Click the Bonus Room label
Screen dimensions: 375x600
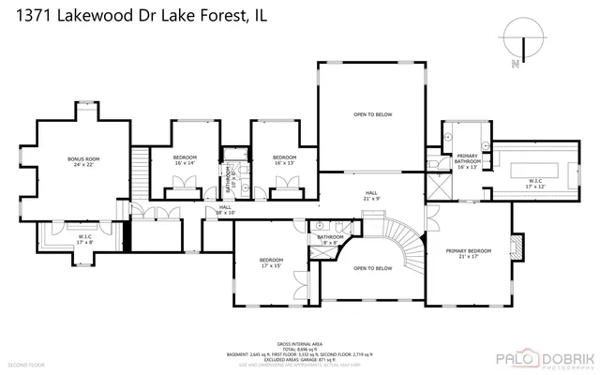click(x=83, y=162)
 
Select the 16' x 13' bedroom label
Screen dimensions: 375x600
click(x=284, y=160)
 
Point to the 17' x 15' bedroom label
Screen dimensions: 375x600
click(x=271, y=262)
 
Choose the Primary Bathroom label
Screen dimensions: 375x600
click(x=468, y=159)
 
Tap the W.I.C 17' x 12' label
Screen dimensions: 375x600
click(x=534, y=184)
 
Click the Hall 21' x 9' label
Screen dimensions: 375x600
click(x=372, y=197)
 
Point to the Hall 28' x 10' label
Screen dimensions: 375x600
click(x=225, y=210)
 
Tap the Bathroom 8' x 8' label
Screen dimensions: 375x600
click(x=329, y=240)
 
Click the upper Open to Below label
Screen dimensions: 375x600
click(x=372, y=114)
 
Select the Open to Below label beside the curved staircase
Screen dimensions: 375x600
click(x=372, y=268)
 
